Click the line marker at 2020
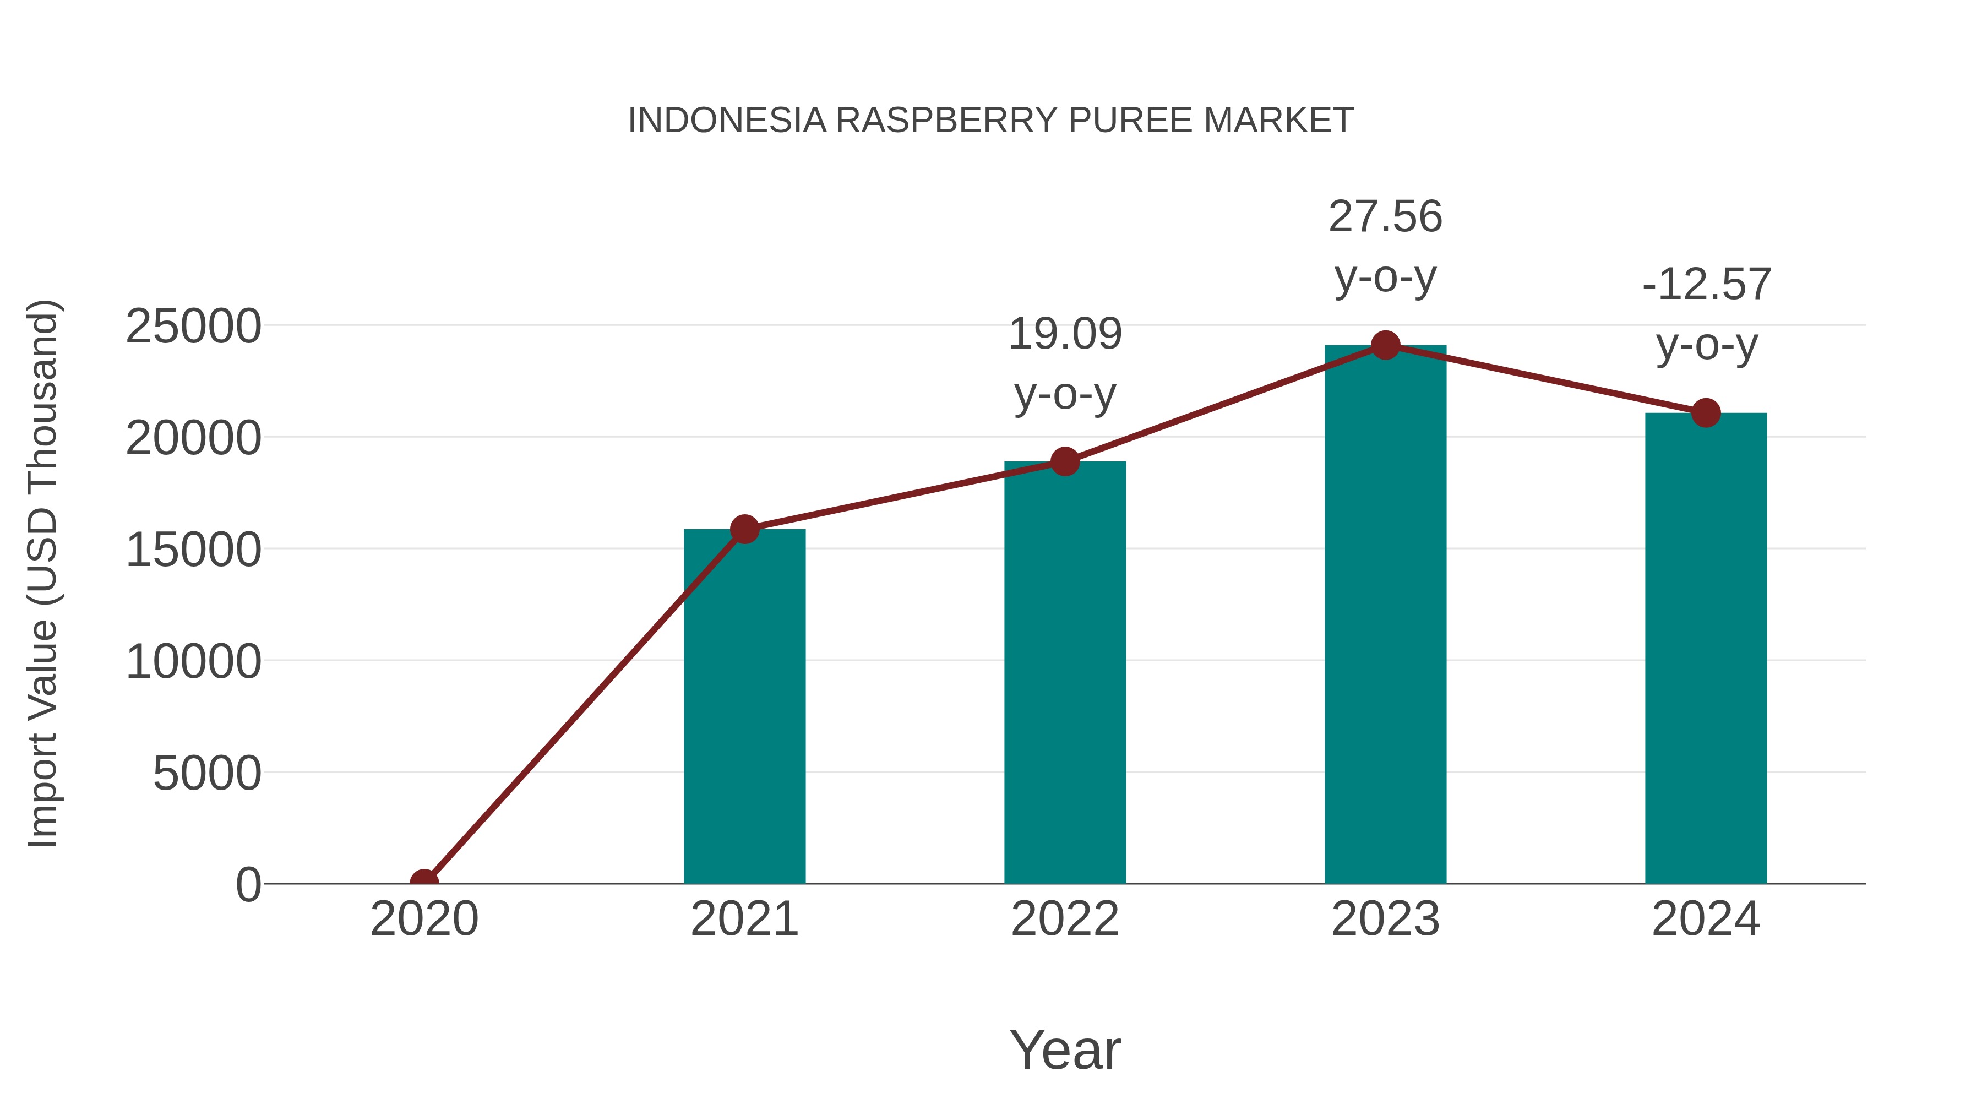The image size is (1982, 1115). click(424, 882)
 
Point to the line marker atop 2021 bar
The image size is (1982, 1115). click(744, 529)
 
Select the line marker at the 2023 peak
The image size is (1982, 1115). click(1385, 345)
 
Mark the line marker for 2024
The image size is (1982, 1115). click(1706, 413)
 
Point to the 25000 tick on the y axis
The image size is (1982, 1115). click(193, 327)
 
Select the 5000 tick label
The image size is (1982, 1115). click(207, 774)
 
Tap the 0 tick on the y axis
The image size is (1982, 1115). click(248, 885)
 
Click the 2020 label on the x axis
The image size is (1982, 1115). click(424, 920)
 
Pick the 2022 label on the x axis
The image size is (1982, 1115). click(1065, 920)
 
